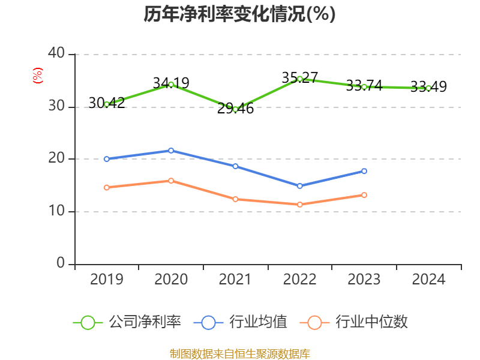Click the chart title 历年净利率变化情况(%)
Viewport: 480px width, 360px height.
coord(239,14)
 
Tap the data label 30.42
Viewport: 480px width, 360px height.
coord(106,103)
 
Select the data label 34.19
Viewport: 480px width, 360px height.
coord(171,83)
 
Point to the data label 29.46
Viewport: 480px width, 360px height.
coord(236,109)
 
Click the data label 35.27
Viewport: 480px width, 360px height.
coord(299,78)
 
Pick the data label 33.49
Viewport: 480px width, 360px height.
coord(428,87)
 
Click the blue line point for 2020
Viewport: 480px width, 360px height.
coord(171,151)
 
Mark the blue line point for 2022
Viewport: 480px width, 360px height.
coord(300,186)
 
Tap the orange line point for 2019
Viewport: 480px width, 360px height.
coord(107,188)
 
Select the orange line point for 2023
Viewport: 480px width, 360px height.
coord(364,195)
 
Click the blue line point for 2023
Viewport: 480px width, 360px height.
coord(364,171)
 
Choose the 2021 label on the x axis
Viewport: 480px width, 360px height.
coord(236,280)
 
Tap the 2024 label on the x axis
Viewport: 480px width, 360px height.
coord(428,280)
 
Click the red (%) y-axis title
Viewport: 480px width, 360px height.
coord(38,75)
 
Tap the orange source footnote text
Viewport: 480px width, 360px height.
coord(240,353)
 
